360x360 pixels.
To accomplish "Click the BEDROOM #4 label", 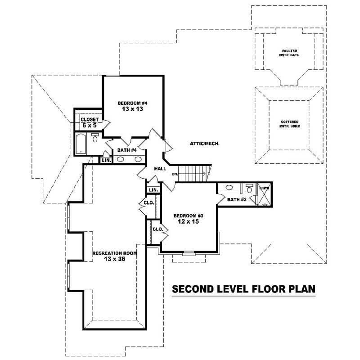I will pos(132,103).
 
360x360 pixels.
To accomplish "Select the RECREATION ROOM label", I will pos(114,253).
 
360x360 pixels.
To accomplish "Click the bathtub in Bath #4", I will pos(81,144).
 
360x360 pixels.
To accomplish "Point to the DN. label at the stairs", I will pos(175,174).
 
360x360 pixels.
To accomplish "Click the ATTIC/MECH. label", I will pos(204,144).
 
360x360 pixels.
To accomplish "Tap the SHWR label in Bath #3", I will pos(263,189).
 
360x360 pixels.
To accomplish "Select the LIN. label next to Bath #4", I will pos(106,160).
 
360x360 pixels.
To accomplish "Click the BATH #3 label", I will pos(236,199).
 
